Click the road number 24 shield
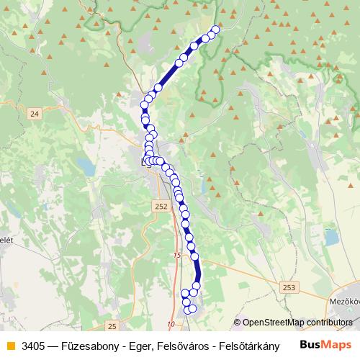coord(34,114)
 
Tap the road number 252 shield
coord(161,206)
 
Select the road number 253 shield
coord(289,287)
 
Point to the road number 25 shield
coord(112,326)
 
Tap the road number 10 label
coord(171,324)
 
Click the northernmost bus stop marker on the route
coord(215,30)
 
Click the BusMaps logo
coord(325,345)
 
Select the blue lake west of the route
coord(86,168)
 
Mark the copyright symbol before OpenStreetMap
coord(237,323)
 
